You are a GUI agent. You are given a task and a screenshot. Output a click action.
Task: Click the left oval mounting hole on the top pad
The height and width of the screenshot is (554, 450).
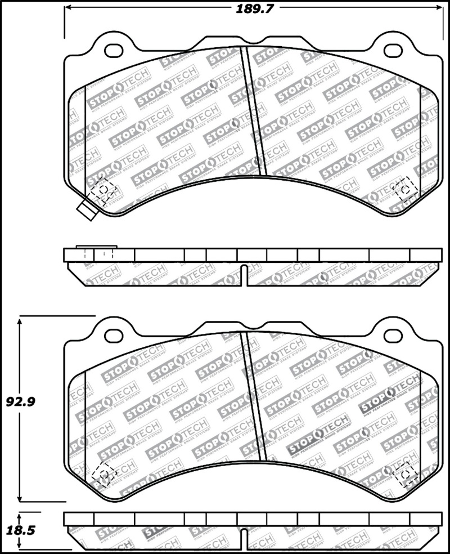(114, 50)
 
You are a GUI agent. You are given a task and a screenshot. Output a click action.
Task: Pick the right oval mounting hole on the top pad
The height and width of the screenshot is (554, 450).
(393, 50)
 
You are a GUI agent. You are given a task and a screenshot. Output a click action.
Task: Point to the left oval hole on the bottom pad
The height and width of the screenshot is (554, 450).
(114, 336)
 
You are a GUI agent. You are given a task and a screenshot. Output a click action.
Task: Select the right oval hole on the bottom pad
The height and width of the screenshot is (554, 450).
(393, 336)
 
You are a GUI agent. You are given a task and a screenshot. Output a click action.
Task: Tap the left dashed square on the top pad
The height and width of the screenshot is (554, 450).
(103, 190)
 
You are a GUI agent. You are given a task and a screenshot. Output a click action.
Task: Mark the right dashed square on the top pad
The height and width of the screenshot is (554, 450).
(404, 189)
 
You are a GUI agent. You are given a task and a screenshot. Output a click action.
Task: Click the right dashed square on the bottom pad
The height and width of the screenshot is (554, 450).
(404, 474)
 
